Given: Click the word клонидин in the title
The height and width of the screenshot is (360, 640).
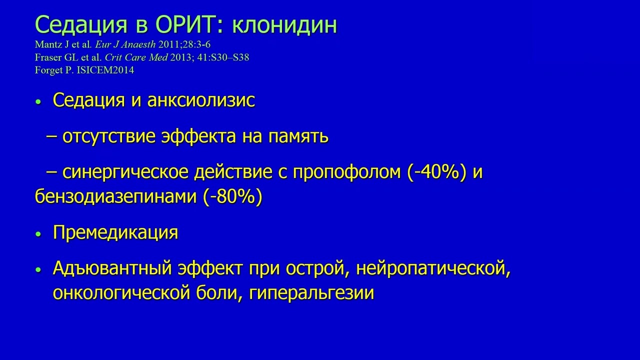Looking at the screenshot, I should (x=289, y=25).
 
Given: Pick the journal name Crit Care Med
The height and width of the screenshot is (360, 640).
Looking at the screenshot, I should (x=130, y=57).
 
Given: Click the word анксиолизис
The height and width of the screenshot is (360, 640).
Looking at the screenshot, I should (x=201, y=100).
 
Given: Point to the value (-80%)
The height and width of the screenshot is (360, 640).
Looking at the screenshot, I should (x=233, y=196).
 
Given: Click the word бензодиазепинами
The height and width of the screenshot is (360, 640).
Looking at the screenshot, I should (x=116, y=196).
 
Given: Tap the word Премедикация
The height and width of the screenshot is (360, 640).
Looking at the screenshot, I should (x=115, y=232).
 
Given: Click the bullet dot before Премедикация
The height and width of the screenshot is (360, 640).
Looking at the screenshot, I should (x=37, y=234).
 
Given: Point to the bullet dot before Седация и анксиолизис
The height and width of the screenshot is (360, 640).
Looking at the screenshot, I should (x=37, y=102).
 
